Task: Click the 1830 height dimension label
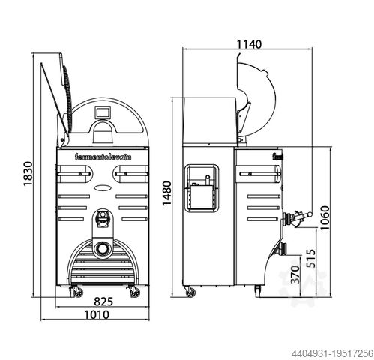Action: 28,174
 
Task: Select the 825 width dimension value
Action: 103,301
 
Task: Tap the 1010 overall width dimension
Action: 97,314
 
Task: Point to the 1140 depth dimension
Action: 249,44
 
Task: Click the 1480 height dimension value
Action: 167,193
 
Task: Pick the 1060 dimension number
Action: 325,218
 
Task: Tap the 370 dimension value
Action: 295,274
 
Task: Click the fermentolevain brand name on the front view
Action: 103,157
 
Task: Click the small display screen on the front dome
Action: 103,112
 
